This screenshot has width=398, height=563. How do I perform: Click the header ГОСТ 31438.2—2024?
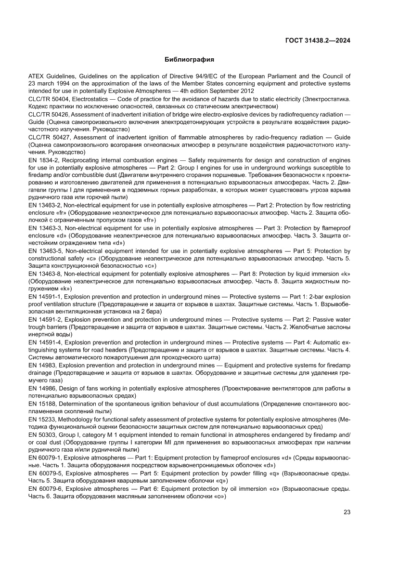pos(317,40)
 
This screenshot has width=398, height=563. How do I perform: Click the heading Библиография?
pos(189,60)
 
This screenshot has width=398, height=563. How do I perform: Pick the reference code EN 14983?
pos(42,365)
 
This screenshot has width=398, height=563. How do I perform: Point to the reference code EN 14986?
pos(42,388)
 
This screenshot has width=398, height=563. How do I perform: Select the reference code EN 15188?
pos(42,404)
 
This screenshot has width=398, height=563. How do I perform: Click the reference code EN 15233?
pos(42,419)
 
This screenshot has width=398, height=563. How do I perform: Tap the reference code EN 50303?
pos(42,434)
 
